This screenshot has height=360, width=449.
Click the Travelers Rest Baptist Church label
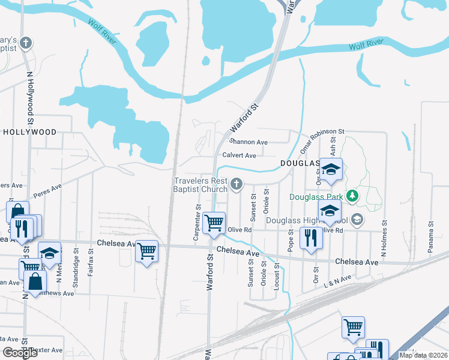(x=201, y=185)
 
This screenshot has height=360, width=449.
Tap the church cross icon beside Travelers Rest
(x=237, y=184)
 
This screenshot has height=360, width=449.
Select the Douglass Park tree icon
(x=354, y=196)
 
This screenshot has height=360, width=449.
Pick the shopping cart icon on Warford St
(x=214, y=223)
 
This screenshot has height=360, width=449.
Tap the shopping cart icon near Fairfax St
(x=147, y=251)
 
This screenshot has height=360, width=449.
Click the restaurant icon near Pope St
(x=311, y=238)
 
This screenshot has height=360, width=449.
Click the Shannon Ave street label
(x=248, y=142)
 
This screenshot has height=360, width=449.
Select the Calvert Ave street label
(x=239, y=155)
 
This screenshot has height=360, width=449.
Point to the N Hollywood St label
(x=29, y=95)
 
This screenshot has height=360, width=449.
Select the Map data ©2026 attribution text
(x=424, y=356)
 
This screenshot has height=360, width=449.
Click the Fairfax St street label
(x=91, y=263)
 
